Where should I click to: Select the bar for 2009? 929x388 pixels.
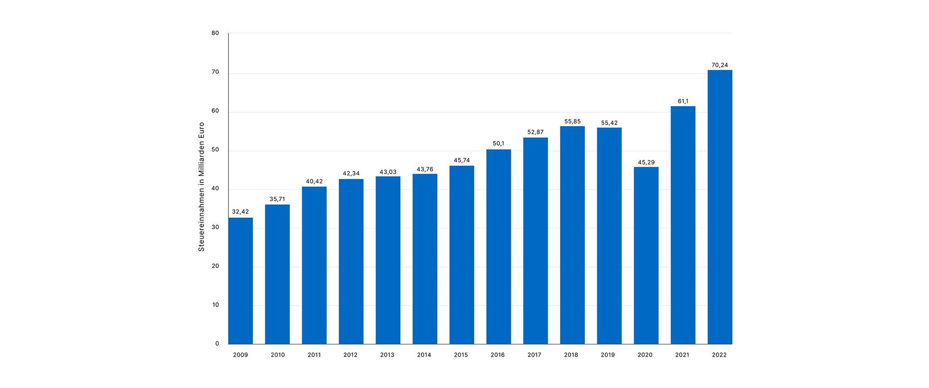(240, 281)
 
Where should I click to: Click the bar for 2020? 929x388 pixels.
(646, 256)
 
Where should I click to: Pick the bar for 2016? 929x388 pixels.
(499, 247)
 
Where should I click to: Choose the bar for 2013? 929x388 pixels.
(388, 260)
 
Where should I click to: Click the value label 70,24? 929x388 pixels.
(719, 65)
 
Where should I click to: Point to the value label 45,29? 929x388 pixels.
(646, 162)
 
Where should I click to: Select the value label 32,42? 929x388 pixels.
(240, 212)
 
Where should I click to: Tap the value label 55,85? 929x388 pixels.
(572, 121)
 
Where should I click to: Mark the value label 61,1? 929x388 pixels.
(683, 101)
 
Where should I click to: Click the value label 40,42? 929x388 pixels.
(314, 181)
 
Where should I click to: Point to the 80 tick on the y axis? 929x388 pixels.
(215, 33)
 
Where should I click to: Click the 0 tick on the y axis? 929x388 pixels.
(217, 344)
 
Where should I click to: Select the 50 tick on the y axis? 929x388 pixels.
(215, 150)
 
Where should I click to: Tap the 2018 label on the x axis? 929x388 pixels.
(571, 355)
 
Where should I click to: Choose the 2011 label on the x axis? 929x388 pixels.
(314, 355)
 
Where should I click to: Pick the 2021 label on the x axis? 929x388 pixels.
(682, 355)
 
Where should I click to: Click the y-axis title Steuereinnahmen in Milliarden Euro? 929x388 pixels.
(201, 187)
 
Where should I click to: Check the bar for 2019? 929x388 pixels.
(609, 236)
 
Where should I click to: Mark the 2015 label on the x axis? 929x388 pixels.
(460, 355)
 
